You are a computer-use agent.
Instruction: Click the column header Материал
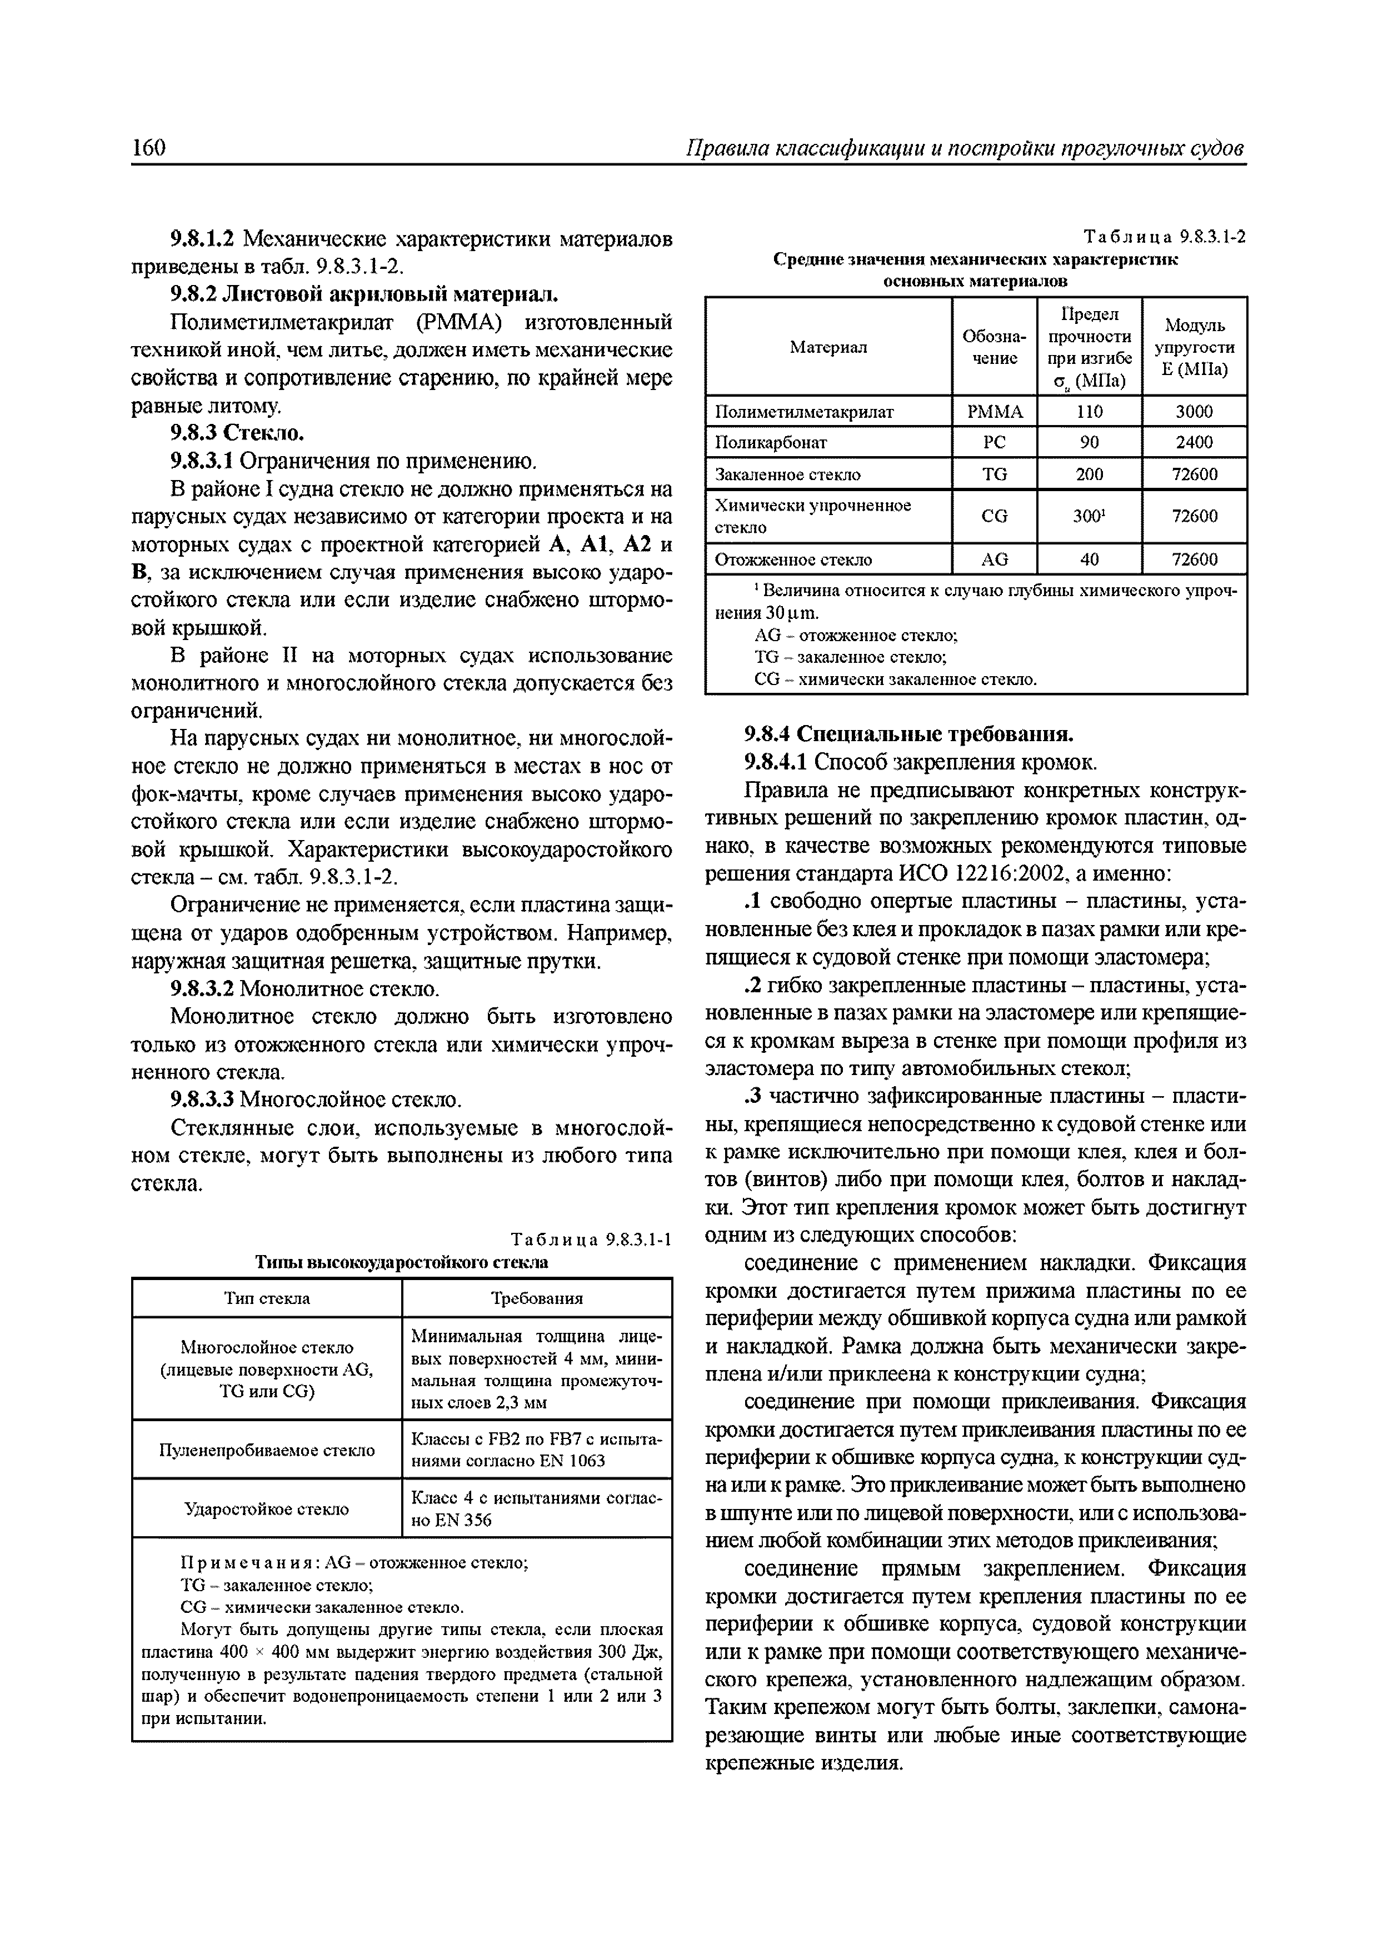(828, 347)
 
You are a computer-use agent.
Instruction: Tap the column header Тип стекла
(267, 1298)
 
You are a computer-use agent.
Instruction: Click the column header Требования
(537, 1298)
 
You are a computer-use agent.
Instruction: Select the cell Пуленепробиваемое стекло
(267, 1451)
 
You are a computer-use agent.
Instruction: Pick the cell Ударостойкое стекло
(267, 1510)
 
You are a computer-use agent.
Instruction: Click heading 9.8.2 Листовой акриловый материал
(365, 294)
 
